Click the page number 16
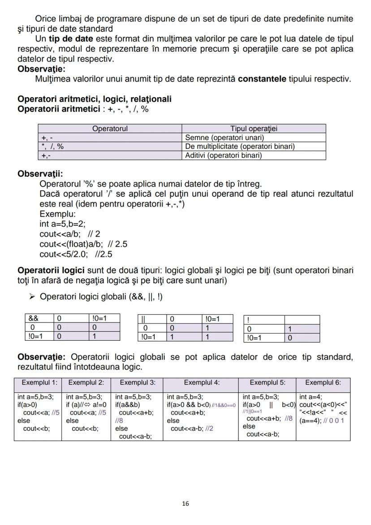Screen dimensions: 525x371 click(185, 503)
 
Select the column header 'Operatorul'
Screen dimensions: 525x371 click(110, 129)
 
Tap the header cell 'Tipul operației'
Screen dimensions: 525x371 click(254, 129)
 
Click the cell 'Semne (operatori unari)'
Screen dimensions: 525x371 click(224, 138)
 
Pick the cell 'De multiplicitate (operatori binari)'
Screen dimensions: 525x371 click(240, 147)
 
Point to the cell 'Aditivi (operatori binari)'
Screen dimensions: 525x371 click(223, 156)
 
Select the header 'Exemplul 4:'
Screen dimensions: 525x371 click(201, 382)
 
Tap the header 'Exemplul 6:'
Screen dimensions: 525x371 click(323, 382)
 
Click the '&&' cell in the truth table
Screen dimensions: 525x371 click(34, 319)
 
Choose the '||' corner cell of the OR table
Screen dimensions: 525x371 click(143, 319)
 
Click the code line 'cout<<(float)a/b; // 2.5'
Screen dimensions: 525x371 click(83, 244)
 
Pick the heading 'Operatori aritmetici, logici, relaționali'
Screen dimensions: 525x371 click(94, 99)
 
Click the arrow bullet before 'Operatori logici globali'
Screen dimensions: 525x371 click(32, 297)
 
